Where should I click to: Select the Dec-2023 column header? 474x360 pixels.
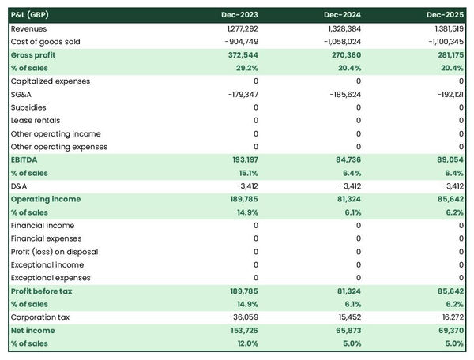click(x=240, y=15)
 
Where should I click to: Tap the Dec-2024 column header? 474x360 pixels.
click(x=344, y=15)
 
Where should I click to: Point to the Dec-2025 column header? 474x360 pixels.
click(x=446, y=15)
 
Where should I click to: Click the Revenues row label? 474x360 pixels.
click(x=29, y=28)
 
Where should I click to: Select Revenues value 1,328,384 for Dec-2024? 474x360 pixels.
click(x=343, y=28)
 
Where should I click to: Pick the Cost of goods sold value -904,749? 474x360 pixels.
click(x=239, y=41)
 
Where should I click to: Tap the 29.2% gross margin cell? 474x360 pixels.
click(x=245, y=68)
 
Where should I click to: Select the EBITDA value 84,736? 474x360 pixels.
click(x=346, y=159)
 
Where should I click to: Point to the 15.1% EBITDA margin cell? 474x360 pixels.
click(x=246, y=173)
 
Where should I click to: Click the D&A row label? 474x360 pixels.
click(x=19, y=186)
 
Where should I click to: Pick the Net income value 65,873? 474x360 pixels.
click(x=346, y=331)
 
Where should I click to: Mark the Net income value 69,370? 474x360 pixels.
click(x=449, y=331)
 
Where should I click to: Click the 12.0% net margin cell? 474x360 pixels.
click(x=246, y=344)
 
